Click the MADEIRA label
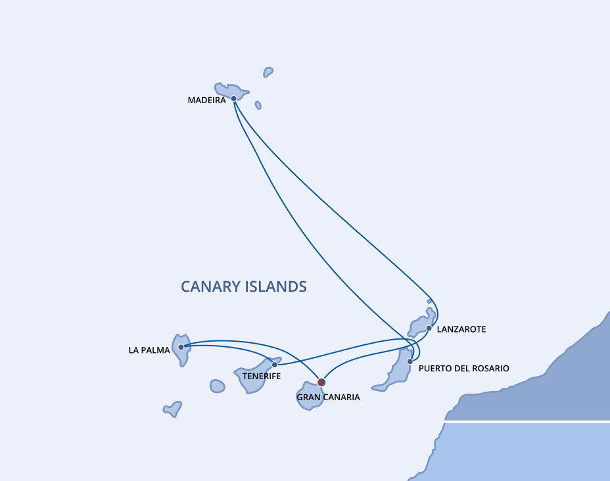(x=206, y=101)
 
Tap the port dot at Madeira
(x=233, y=99)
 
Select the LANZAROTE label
(x=461, y=329)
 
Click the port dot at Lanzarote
(x=429, y=328)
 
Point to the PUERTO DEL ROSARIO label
(x=463, y=369)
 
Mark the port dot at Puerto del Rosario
(x=410, y=361)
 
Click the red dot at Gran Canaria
(x=321, y=382)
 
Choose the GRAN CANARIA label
(x=328, y=398)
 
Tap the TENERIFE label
(x=262, y=377)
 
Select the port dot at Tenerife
(x=275, y=364)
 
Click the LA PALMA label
(x=149, y=350)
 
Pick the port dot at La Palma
(x=181, y=347)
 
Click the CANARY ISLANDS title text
(x=244, y=286)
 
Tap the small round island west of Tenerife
(x=218, y=386)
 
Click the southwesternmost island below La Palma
(x=172, y=409)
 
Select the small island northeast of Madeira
(x=268, y=72)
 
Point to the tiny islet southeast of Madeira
(x=258, y=105)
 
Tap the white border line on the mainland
(x=526, y=421)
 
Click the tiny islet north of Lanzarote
(x=429, y=301)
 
